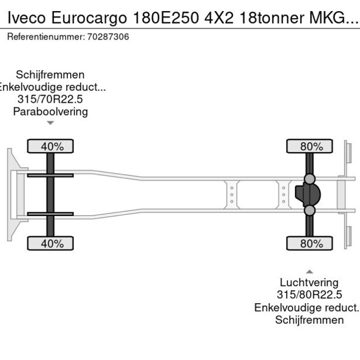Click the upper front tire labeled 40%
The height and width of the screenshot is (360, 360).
[x=51, y=146]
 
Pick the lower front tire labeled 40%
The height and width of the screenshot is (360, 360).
[x=51, y=243]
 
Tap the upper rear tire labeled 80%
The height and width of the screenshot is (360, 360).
[x=310, y=146]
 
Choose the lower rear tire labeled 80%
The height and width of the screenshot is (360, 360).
[x=310, y=243]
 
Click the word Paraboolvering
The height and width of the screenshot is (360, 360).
[x=51, y=111]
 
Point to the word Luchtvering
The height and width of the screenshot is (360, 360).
[x=309, y=283]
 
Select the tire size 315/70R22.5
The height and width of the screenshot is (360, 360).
[x=51, y=99]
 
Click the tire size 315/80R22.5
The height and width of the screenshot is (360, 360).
[x=309, y=295]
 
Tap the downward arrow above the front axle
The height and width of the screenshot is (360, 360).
[x=51, y=123]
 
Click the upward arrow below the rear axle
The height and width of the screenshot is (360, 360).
[x=309, y=271]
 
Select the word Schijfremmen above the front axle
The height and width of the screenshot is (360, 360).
[x=51, y=75]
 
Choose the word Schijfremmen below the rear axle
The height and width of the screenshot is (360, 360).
[x=309, y=320]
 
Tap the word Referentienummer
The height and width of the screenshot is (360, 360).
[x=46, y=37]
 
